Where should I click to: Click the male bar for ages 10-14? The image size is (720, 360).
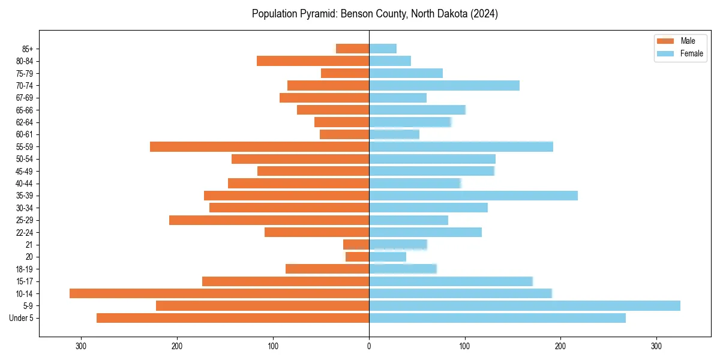[x=219, y=293]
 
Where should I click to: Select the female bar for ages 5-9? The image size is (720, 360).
[x=524, y=306]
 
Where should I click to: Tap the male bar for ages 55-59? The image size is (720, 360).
[x=259, y=147]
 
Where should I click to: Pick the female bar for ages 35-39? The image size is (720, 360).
[x=473, y=196]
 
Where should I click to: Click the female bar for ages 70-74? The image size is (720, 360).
[x=444, y=86]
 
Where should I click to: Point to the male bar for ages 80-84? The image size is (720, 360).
[x=313, y=61]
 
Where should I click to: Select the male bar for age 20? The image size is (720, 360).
[x=358, y=257]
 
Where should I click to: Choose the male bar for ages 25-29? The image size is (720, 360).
[x=269, y=220]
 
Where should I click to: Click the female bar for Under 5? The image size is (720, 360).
[x=497, y=318]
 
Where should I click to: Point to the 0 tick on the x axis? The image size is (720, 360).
[x=369, y=346]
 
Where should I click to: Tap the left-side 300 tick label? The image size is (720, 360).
[x=81, y=346]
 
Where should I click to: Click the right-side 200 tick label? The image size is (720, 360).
[x=560, y=346]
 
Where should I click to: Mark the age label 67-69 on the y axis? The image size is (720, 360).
[x=25, y=98]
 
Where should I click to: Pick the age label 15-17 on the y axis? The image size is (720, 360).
[x=25, y=281]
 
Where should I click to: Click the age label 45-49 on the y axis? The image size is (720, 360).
[x=25, y=172]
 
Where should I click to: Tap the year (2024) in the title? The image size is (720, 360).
[x=484, y=14]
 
